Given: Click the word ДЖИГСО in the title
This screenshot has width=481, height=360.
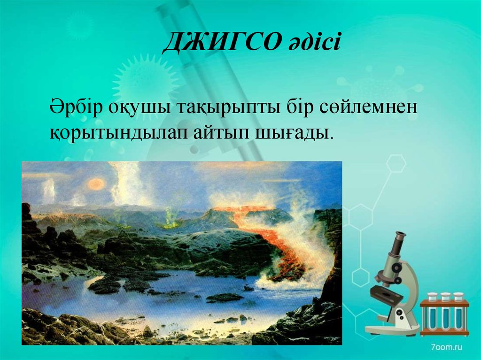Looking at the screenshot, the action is pos(222,42).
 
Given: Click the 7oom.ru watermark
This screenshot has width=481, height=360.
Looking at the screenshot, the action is pos(446,347).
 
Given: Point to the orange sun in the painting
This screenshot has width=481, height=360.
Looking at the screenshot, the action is pos(96,184).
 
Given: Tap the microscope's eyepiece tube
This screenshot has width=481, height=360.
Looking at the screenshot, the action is pos(398,244).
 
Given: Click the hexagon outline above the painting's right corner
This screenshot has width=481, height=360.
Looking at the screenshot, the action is pos(396,163).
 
